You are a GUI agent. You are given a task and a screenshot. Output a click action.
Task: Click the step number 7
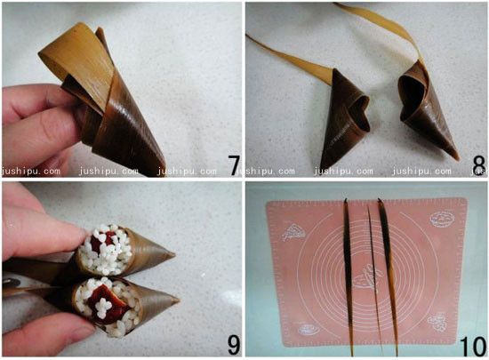(x=234, y=165)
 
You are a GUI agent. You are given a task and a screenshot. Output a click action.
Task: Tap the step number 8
(x=478, y=165)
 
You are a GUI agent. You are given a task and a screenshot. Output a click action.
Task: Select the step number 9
(x=234, y=345)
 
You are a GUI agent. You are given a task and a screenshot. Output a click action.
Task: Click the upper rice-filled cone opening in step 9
(x=105, y=250)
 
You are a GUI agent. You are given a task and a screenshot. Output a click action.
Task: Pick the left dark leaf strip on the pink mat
(x=349, y=276)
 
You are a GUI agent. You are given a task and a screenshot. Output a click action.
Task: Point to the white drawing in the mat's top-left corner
(x=293, y=232)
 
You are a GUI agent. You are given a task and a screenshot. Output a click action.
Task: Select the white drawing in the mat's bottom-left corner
(x=309, y=329)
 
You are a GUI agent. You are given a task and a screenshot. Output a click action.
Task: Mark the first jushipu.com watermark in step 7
(x=31, y=171)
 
